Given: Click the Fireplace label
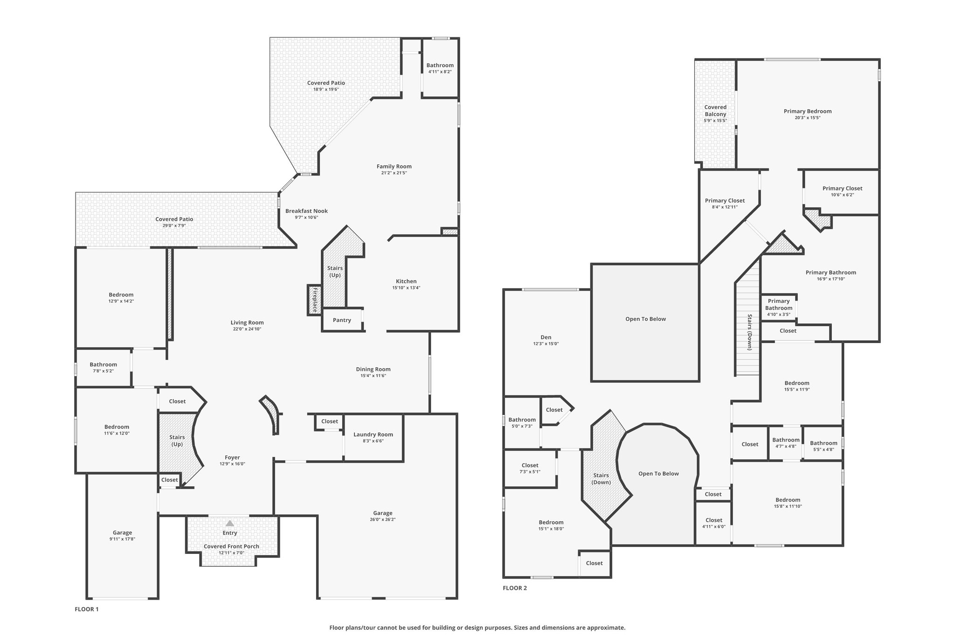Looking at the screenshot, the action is coord(315,300).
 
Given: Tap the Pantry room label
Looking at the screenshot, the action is coord(342,320).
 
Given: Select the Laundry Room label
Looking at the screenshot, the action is coord(373,434).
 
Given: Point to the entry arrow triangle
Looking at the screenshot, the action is coord(229,523).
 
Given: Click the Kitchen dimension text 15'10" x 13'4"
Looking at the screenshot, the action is coord(406,288).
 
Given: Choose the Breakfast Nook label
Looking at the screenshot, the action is coord(306,211).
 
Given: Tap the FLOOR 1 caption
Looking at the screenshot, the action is coord(87,609).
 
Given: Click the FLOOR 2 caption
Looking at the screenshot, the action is coord(515,588).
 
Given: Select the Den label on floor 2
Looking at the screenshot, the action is coord(546,337).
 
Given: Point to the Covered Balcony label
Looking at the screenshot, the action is coord(715,111).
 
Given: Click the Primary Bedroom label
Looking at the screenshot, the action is coord(808,111).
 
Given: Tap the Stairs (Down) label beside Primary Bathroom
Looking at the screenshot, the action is coord(750,332).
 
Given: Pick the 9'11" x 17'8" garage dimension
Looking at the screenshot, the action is coord(122,539).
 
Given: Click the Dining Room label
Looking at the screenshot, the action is coord(373,369).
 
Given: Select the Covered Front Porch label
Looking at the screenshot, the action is coord(231,546).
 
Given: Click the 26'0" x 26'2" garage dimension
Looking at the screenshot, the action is coord(383,519).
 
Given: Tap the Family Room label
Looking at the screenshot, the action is coord(394,167).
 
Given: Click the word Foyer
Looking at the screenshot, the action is coord(232,458).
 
